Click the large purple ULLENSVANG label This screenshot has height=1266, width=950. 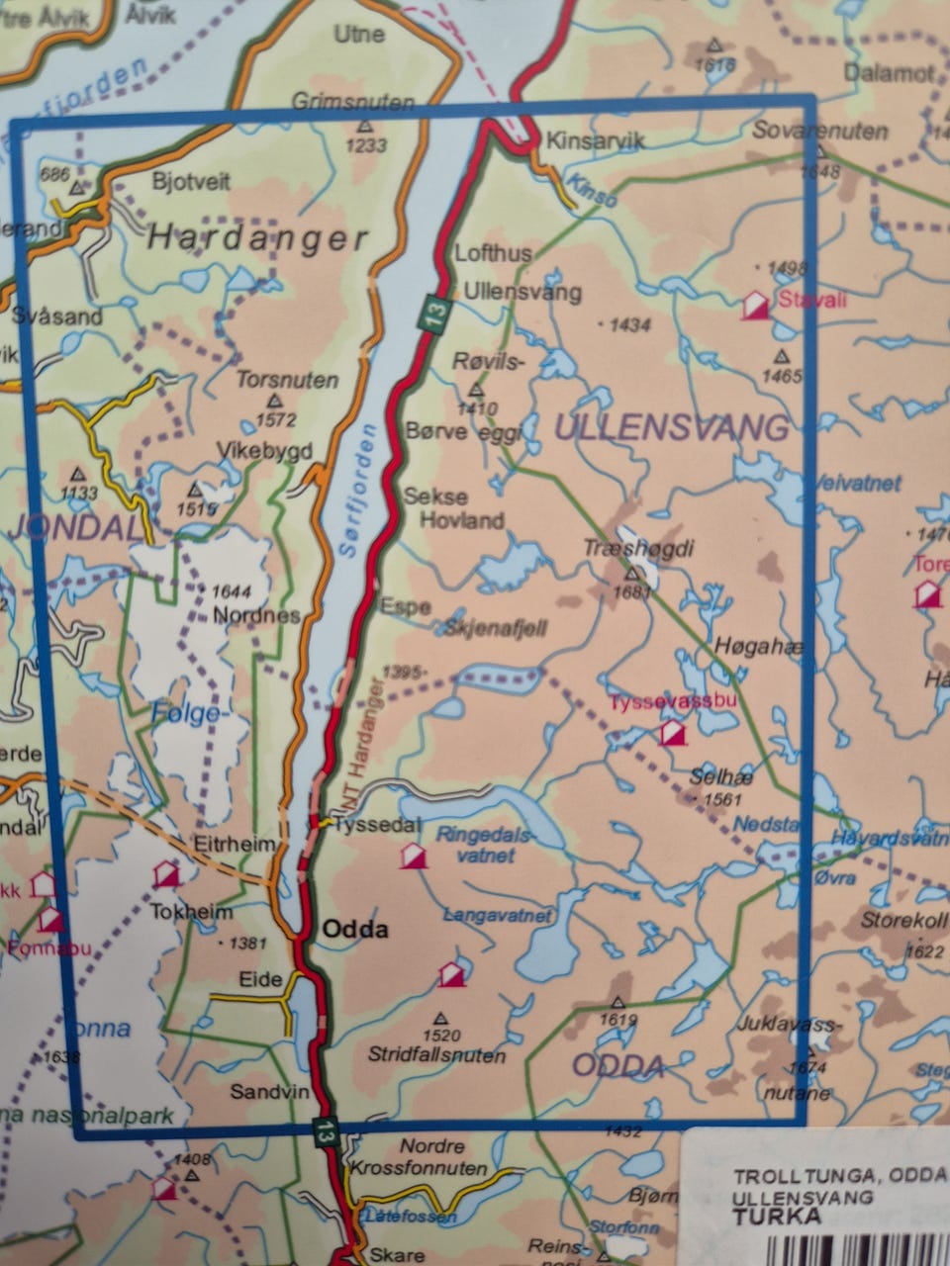point(673,427)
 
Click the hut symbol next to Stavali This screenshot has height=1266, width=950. point(757,305)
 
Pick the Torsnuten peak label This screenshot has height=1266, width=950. point(287,380)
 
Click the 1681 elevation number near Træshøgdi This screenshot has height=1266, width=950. point(633,593)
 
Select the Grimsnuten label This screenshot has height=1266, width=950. point(339,101)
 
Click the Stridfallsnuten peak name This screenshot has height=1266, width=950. point(436,1055)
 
